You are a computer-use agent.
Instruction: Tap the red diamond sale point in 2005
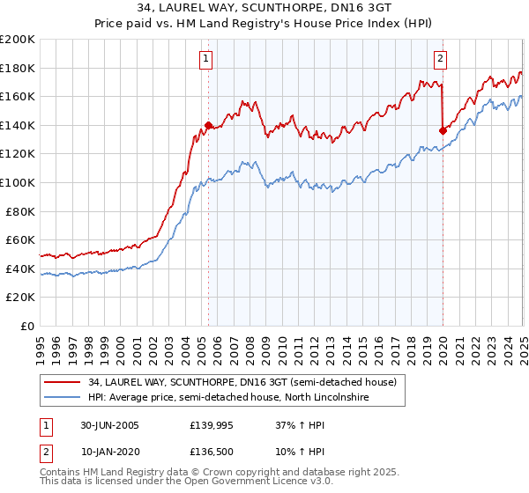pyautogui.click(x=209, y=125)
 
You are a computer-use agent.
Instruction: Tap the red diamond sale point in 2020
pyautogui.click(x=443, y=130)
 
